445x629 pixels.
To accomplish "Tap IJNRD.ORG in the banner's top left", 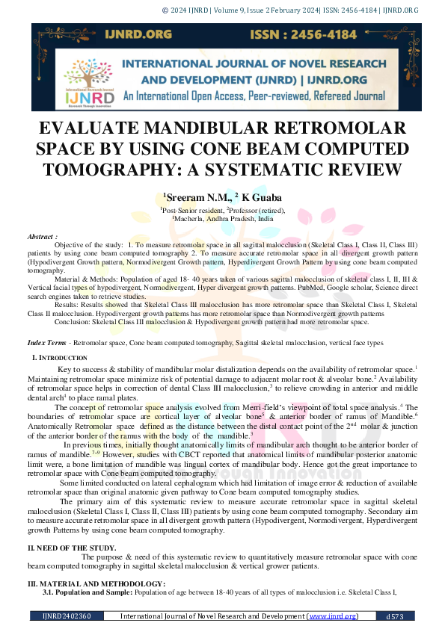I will tap(96, 35).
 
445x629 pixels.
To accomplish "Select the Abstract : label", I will tap(43, 236).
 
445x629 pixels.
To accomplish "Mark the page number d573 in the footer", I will tap(395, 616).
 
